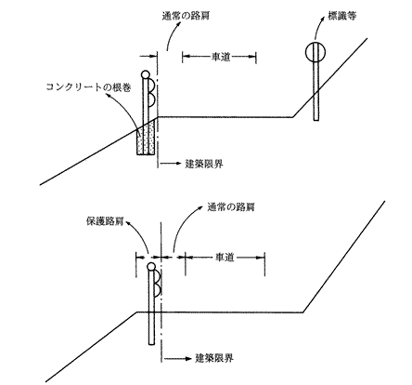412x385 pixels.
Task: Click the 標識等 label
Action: point(341,16)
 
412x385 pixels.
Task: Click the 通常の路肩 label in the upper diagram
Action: point(186,16)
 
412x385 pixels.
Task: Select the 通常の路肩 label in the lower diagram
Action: point(231,206)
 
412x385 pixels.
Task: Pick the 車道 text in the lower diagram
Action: point(225,257)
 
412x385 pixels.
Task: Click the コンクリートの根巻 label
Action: point(88,87)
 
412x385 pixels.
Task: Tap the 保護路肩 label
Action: point(105,221)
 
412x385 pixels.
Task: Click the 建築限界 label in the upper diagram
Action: point(204,164)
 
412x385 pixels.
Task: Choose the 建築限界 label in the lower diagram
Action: point(214,358)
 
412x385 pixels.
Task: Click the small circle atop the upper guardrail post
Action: point(145,74)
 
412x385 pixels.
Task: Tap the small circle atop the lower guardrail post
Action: point(151,267)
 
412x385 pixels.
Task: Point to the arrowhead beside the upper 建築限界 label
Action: point(177,163)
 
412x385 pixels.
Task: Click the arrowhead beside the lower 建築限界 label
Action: point(187,358)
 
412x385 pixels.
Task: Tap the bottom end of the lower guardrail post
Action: point(151,344)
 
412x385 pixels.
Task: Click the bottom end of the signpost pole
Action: point(315,119)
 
